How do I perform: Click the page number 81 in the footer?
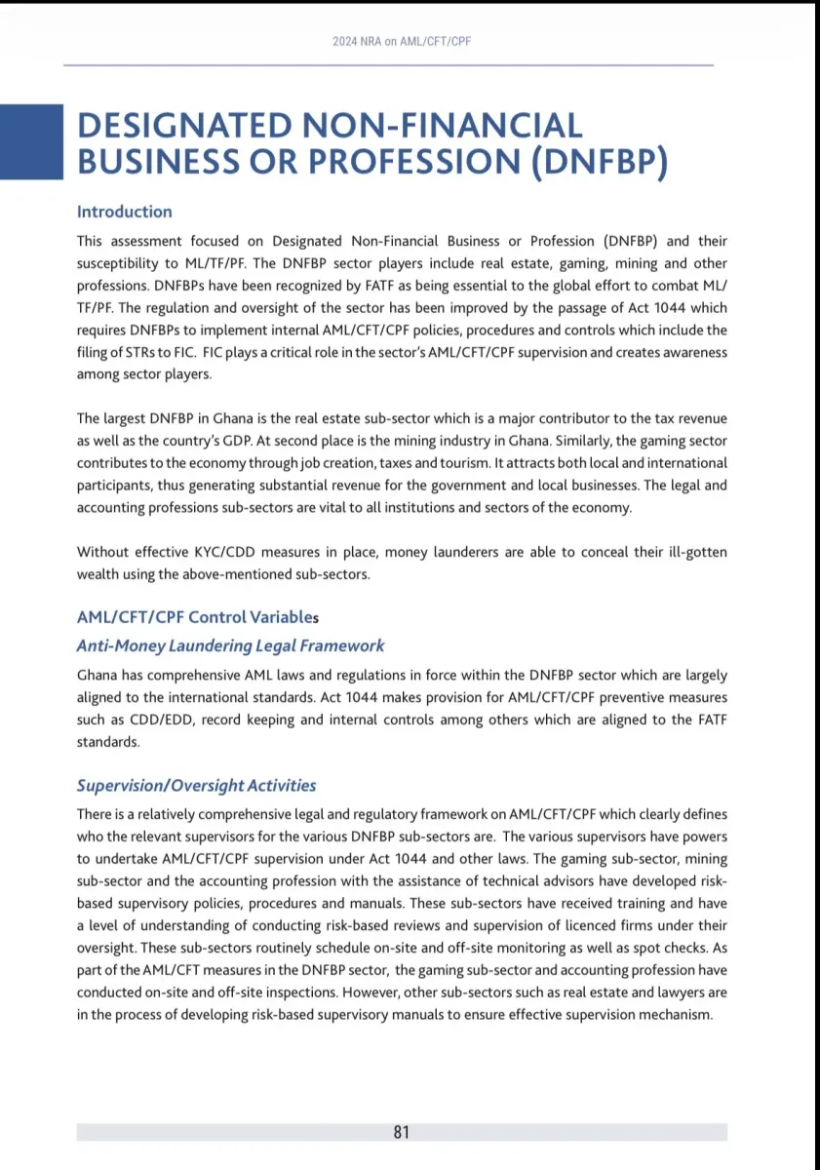tap(402, 1132)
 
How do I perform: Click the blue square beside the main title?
tap(31, 141)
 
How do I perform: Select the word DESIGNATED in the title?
tap(183, 126)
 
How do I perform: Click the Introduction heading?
tap(124, 212)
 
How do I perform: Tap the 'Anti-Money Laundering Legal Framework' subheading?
tap(230, 645)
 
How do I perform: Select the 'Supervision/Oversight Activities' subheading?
tap(196, 786)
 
